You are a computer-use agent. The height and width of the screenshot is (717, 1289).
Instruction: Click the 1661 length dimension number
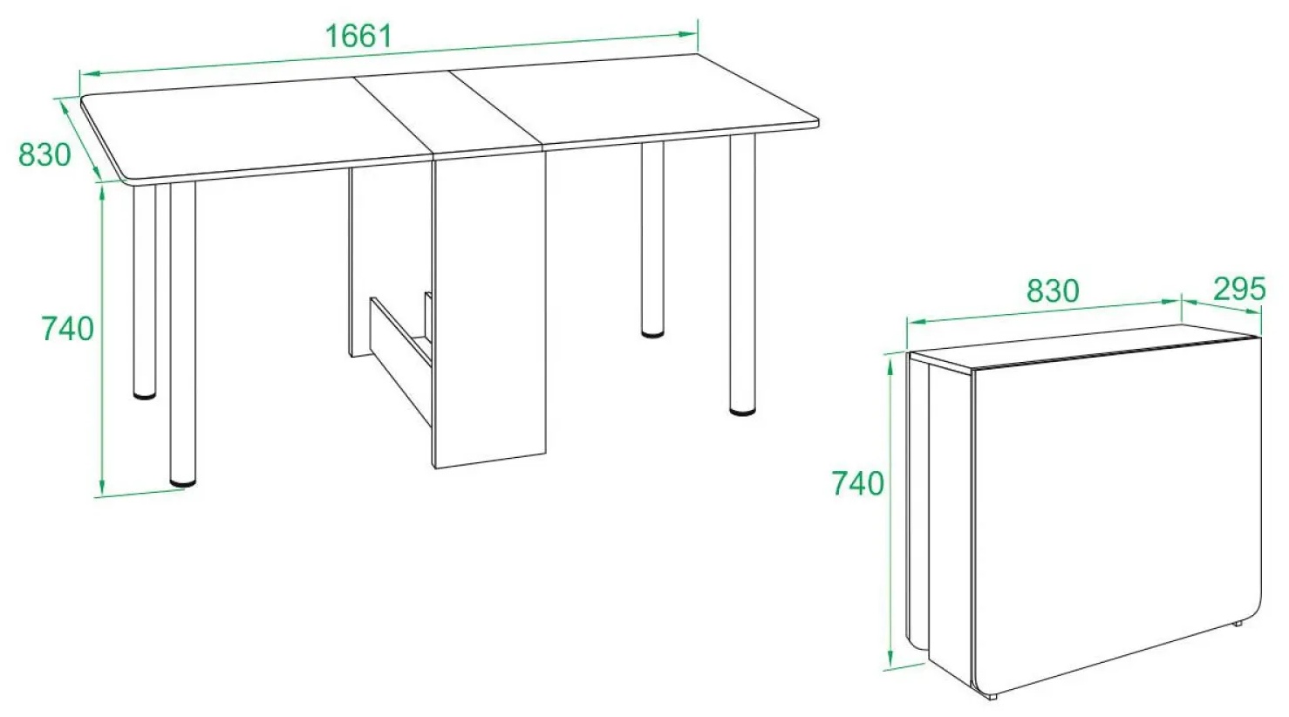click(x=359, y=37)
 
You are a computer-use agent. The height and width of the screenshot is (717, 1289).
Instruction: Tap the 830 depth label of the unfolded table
click(x=44, y=154)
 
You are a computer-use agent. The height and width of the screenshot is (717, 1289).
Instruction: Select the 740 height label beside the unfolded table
click(x=67, y=329)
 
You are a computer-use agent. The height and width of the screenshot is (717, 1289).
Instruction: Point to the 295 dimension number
click(x=1239, y=289)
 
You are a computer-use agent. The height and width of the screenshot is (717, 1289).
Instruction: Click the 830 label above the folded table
click(x=1053, y=290)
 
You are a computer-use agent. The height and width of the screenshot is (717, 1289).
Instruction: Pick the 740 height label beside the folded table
click(x=858, y=483)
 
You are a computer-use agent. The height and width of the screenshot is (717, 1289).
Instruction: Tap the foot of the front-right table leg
click(x=742, y=411)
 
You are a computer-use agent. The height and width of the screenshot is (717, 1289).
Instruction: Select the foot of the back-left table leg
click(x=144, y=395)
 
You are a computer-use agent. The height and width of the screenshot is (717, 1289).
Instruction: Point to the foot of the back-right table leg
click(x=652, y=333)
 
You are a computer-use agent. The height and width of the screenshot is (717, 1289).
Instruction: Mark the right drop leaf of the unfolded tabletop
click(x=633, y=100)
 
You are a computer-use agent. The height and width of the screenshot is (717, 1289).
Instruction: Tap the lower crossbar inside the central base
click(x=400, y=361)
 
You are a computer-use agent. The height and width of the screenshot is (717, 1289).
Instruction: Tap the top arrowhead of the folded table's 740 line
click(x=890, y=364)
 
